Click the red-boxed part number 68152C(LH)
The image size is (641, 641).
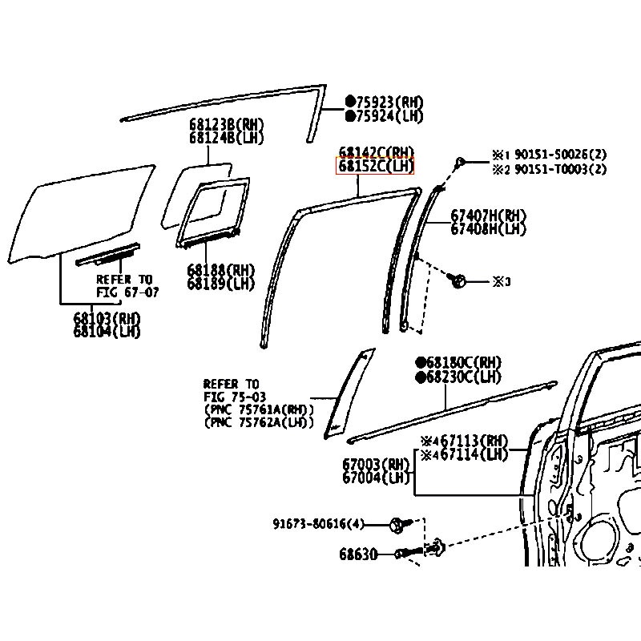coord(376,167)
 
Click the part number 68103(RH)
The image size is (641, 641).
coord(107,319)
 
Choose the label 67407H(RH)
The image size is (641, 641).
coord(488,215)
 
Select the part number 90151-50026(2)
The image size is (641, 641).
coord(560,155)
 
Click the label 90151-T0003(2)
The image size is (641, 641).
coord(560,169)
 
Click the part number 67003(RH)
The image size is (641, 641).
coord(375,465)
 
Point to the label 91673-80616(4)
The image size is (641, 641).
coord(318,525)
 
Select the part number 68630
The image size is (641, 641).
coord(357,554)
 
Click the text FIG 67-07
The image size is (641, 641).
coord(128,292)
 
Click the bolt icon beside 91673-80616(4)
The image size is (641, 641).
coord(398,525)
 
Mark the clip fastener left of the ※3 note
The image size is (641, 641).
coord(458,281)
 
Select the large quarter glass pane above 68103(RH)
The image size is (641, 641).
coord(84,212)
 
